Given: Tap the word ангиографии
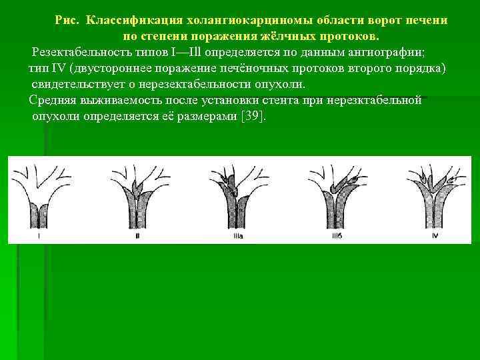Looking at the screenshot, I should pyautogui.click(x=385, y=52).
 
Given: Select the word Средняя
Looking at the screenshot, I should pyautogui.click(x=53, y=101).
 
